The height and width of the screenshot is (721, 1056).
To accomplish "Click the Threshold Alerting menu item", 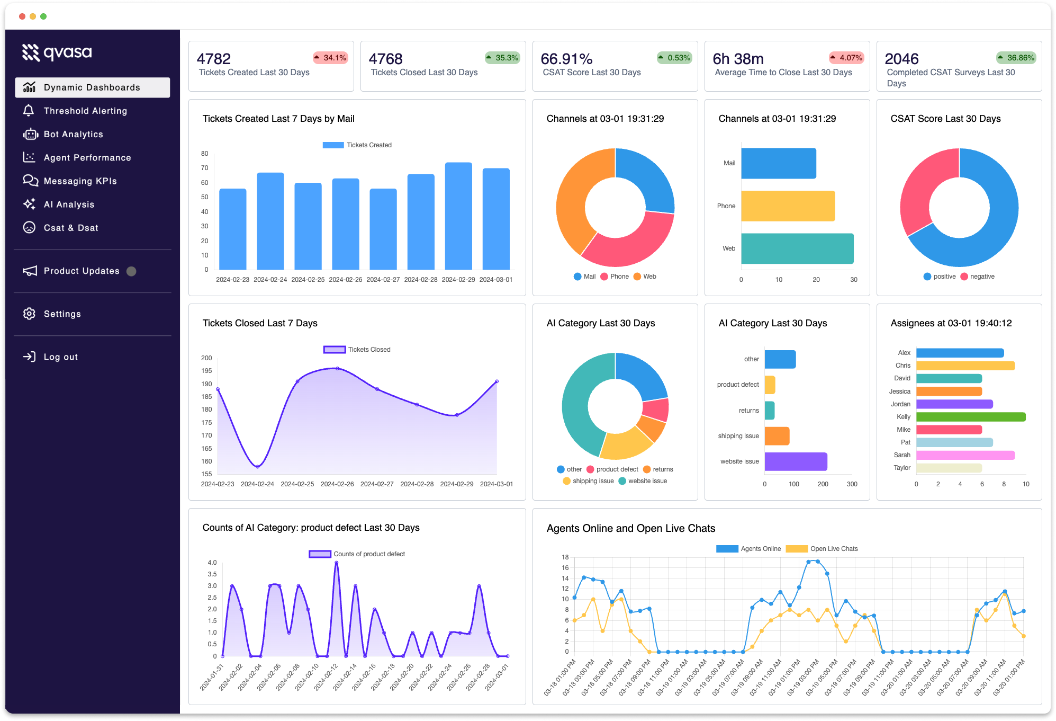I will click(x=85, y=111).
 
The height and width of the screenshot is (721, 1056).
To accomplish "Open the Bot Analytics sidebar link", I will click(x=73, y=134).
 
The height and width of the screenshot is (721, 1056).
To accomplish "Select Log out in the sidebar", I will click(x=60, y=357).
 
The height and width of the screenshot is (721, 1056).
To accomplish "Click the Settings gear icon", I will click(x=29, y=314).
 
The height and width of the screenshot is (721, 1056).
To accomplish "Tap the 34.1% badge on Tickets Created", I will click(x=330, y=58).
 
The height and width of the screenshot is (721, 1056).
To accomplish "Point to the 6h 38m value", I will click(x=738, y=59).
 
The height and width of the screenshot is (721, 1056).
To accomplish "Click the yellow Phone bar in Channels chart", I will click(x=788, y=206).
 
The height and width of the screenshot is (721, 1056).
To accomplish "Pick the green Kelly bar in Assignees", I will click(x=970, y=417).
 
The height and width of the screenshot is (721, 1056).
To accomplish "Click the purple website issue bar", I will click(x=795, y=461).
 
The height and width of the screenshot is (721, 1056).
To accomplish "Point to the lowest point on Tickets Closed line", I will click(x=258, y=467).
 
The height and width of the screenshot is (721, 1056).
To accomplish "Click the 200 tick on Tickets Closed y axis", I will click(x=206, y=358).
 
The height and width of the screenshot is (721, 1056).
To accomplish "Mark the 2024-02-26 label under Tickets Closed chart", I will click(x=337, y=484).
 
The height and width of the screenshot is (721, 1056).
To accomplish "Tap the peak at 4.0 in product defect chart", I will click(x=337, y=563).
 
